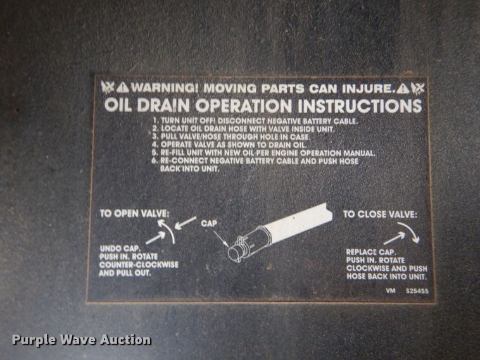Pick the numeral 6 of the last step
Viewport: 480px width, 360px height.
(155, 161)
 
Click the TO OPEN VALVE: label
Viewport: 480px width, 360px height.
(133, 213)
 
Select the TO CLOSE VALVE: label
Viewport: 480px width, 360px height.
(380, 214)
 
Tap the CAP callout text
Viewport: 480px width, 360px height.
(210, 224)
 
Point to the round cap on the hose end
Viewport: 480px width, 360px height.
(234, 252)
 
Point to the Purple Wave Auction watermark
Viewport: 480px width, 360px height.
(82, 340)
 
